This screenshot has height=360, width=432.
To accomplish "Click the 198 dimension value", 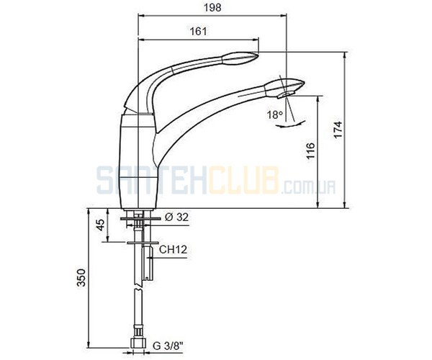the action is pyautogui.click(x=212, y=7).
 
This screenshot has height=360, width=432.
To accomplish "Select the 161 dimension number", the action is pyautogui.click(x=199, y=31).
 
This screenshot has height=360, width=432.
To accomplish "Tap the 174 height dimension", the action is pyautogui.click(x=338, y=129).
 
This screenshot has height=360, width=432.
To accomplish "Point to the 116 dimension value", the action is pyautogui.click(x=310, y=150).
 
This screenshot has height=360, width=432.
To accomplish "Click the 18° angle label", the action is pyautogui.click(x=275, y=114).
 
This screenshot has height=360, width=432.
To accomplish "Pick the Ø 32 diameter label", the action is pyautogui.click(x=176, y=217).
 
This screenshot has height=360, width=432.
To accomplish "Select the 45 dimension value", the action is pyautogui.click(x=101, y=225).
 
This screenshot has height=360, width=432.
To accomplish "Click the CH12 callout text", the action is pyautogui.click(x=174, y=250).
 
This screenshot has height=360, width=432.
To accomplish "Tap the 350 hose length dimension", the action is pyautogui.click(x=81, y=278).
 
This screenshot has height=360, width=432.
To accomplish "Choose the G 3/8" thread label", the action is pyautogui.click(x=168, y=346).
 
